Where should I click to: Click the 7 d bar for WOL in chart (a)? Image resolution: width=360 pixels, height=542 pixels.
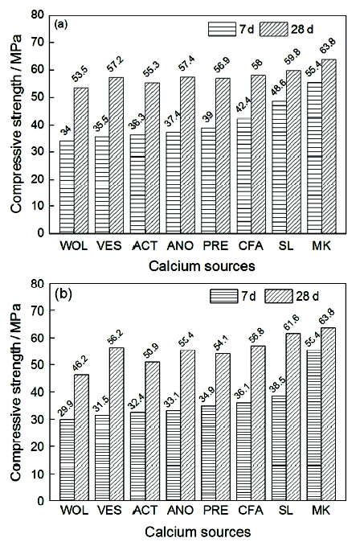coord(67,187)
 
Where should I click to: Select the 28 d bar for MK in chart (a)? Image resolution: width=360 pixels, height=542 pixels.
coord(329,146)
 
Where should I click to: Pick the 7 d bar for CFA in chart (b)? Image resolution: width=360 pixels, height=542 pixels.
coord(243,451)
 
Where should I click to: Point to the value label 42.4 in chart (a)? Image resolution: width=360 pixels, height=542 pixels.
coord(243,106)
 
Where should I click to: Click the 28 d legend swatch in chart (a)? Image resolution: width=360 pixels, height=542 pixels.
coord(274,30)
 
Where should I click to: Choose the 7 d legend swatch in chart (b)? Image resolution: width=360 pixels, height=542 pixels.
coord(223,296)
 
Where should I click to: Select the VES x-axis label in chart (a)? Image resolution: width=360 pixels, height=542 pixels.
coord(109,246)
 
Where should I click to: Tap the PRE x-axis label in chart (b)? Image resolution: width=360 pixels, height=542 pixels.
coord(215,510)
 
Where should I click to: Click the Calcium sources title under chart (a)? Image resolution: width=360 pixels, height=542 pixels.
coord(202,266)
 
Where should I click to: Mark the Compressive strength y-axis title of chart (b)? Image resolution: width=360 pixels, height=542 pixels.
coord(16,392)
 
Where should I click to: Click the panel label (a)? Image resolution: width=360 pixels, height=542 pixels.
coord(61,25)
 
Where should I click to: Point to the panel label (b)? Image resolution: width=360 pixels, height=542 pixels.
coord(63,294)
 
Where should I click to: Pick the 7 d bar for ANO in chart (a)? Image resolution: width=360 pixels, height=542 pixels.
coord(173,183)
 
